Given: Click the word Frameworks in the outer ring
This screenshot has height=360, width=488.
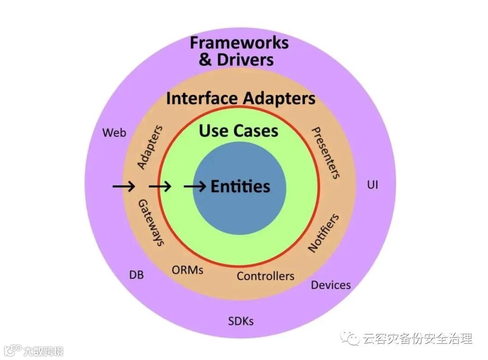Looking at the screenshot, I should [x=239, y=43].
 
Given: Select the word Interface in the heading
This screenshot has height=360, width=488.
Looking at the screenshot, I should [x=202, y=98].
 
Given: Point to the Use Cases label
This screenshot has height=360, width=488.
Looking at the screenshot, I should [x=239, y=131].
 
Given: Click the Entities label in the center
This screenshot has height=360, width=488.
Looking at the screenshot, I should [x=240, y=187].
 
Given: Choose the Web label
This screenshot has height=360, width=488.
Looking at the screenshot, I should [x=114, y=133].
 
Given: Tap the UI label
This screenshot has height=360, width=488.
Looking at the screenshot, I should [x=372, y=185].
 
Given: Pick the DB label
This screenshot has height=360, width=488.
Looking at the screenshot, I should [x=136, y=274].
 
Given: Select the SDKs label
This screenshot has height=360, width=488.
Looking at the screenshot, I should [x=241, y=321].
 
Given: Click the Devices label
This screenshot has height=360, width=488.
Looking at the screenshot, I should [x=331, y=285].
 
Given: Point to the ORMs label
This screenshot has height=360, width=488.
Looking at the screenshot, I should [x=188, y=270].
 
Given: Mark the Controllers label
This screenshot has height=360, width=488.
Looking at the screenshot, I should [x=265, y=276].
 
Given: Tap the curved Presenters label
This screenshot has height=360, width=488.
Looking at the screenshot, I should [x=326, y=153].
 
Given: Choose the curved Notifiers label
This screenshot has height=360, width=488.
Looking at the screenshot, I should [x=324, y=233].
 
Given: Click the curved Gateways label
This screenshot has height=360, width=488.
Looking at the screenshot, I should [x=150, y=222].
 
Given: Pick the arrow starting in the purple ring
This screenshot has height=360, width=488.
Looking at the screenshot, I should [x=123, y=186].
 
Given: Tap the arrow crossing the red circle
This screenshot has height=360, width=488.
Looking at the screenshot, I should [x=160, y=186].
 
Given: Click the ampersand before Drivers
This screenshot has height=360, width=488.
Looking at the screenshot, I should [x=205, y=60].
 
